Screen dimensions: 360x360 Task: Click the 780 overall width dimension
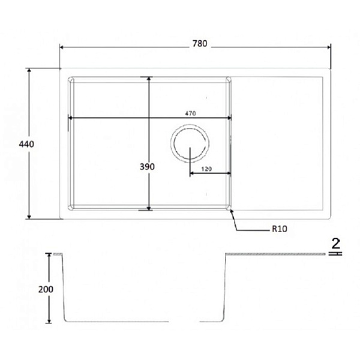pos(200,43)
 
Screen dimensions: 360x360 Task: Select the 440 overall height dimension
pos(26,144)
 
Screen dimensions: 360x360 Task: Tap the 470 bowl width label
pos(190,113)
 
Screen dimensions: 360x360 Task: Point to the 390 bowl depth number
pos(147,167)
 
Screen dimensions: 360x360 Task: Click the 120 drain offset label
pos(206,169)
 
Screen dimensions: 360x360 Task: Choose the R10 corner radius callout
pos(280,229)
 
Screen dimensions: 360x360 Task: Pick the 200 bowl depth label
pos(46,289)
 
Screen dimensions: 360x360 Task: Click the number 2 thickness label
pos(335,244)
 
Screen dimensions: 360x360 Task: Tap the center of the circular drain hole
pos(190,143)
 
